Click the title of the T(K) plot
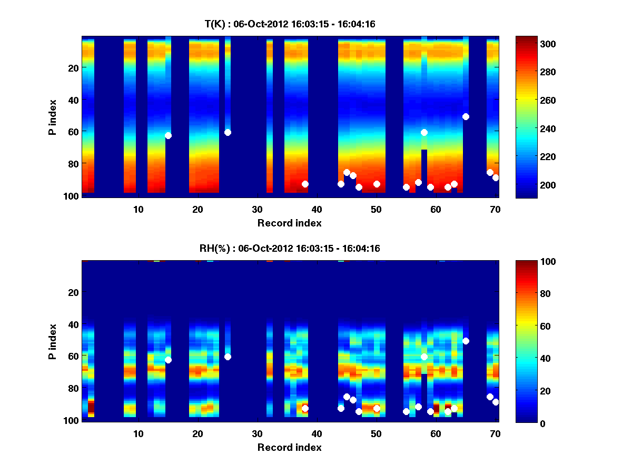tap(290, 24)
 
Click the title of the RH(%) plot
tap(290, 248)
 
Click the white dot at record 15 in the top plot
tap(168, 135)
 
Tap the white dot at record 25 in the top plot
tap(228, 132)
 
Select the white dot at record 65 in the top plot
tap(466, 116)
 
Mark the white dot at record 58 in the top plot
tap(424, 132)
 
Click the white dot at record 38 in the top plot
tap(305, 184)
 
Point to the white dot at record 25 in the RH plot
tap(228, 357)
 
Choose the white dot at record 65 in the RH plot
tap(466, 341)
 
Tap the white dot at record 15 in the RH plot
tap(168, 360)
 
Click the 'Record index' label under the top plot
tap(290, 223)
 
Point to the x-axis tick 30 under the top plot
tap(257, 210)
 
